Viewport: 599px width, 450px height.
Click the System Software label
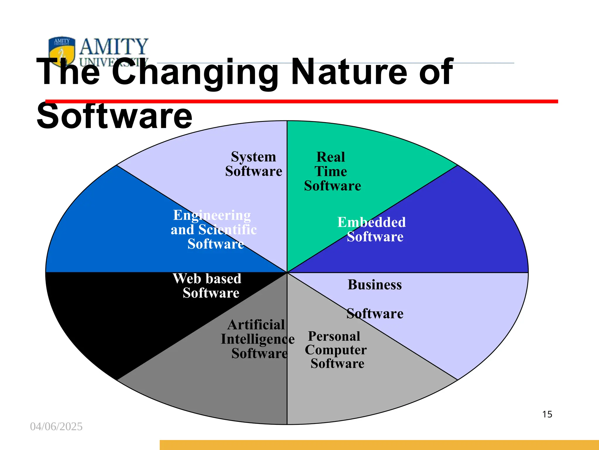point(254,164)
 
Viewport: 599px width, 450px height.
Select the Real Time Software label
point(332,171)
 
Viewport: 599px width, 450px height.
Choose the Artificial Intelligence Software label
point(258,339)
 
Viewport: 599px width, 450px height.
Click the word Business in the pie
point(375,285)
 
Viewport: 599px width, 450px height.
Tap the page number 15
point(547,414)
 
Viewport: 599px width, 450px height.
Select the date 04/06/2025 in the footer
point(56,427)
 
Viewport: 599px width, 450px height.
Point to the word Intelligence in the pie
point(258,339)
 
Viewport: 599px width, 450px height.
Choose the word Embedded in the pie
point(371,222)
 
